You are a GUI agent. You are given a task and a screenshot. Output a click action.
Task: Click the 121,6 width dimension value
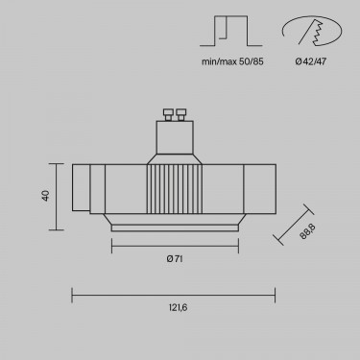coord(178,308)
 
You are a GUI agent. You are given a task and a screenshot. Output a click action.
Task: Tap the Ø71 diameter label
coord(175,259)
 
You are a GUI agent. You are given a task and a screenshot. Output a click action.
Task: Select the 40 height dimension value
coord(46,196)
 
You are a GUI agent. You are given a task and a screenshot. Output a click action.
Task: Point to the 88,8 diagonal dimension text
coord(307,231)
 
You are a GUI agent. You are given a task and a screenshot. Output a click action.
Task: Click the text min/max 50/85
coord(232,61)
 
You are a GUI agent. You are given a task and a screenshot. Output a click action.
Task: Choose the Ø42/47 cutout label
coord(311,61)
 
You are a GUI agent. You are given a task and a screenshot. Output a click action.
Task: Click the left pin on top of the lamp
coord(168,114)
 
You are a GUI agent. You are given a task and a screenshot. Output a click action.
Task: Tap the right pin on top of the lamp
coord(180,114)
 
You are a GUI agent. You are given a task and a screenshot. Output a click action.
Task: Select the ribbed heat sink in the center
coord(175,189)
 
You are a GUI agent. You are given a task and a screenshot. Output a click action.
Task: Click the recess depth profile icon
coord(231,31)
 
